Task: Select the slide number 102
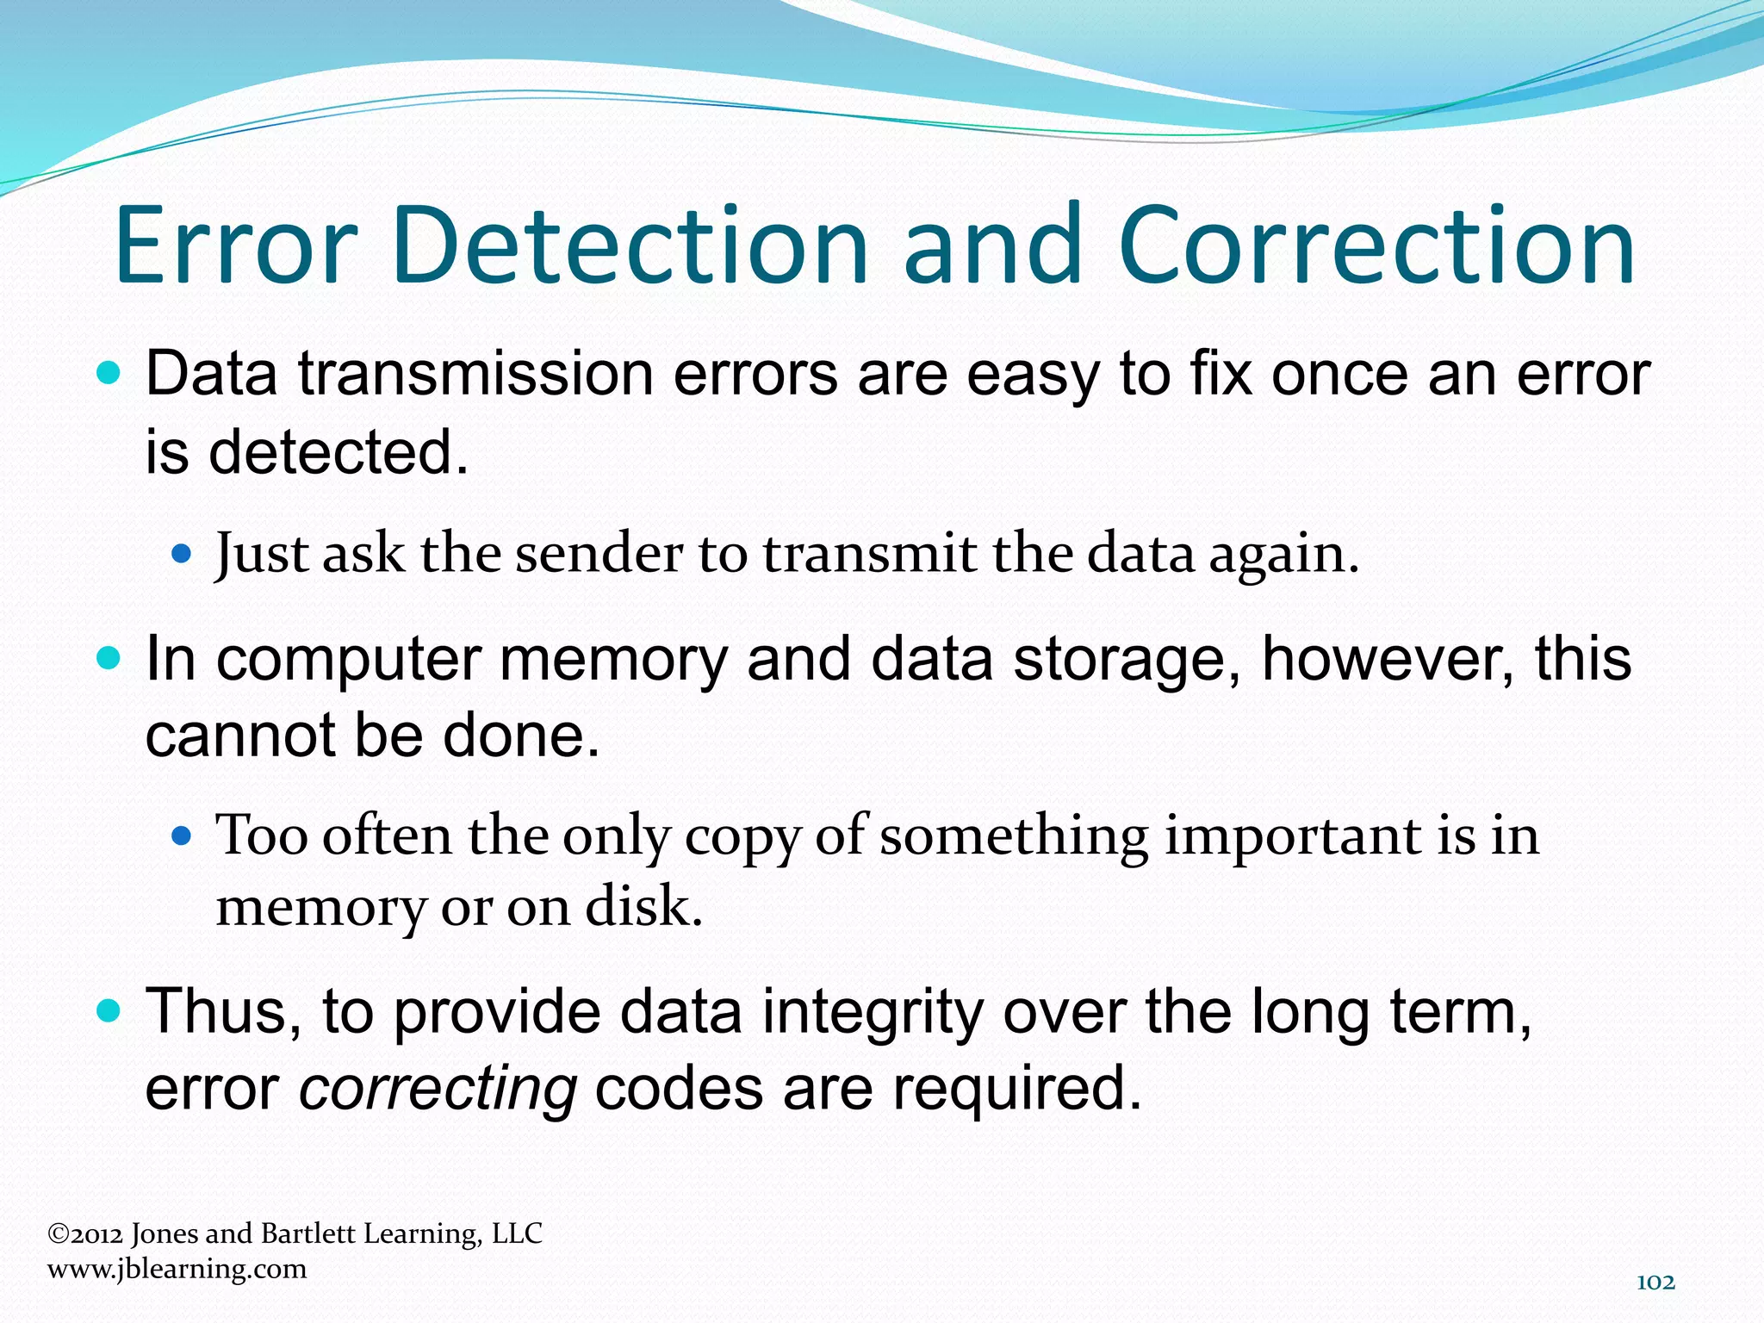pyautogui.click(x=1655, y=1283)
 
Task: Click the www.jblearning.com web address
pyautogui.click(x=177, y=1269)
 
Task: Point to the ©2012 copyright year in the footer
pyautogui.click(x=85, y=1234)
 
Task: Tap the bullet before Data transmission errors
pyautogui.click(x=109, y=373)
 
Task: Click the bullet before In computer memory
pyautogui.click(x=109, y=659)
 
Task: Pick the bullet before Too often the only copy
pyautogui.click(x=181, y=835)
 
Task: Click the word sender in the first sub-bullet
pyautogui.click(x=599, y=553)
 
